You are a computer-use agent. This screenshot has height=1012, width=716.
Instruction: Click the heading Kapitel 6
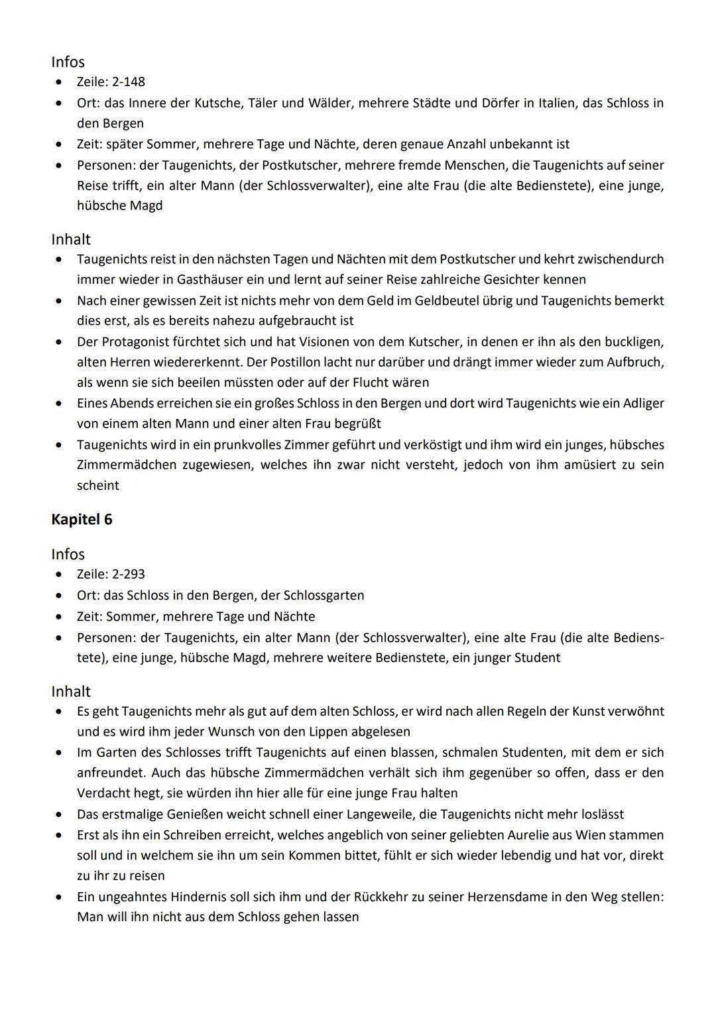(82, 520)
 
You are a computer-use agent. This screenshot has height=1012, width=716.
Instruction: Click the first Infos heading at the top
(68, 62)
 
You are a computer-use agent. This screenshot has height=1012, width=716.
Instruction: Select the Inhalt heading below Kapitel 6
(70, 691)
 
